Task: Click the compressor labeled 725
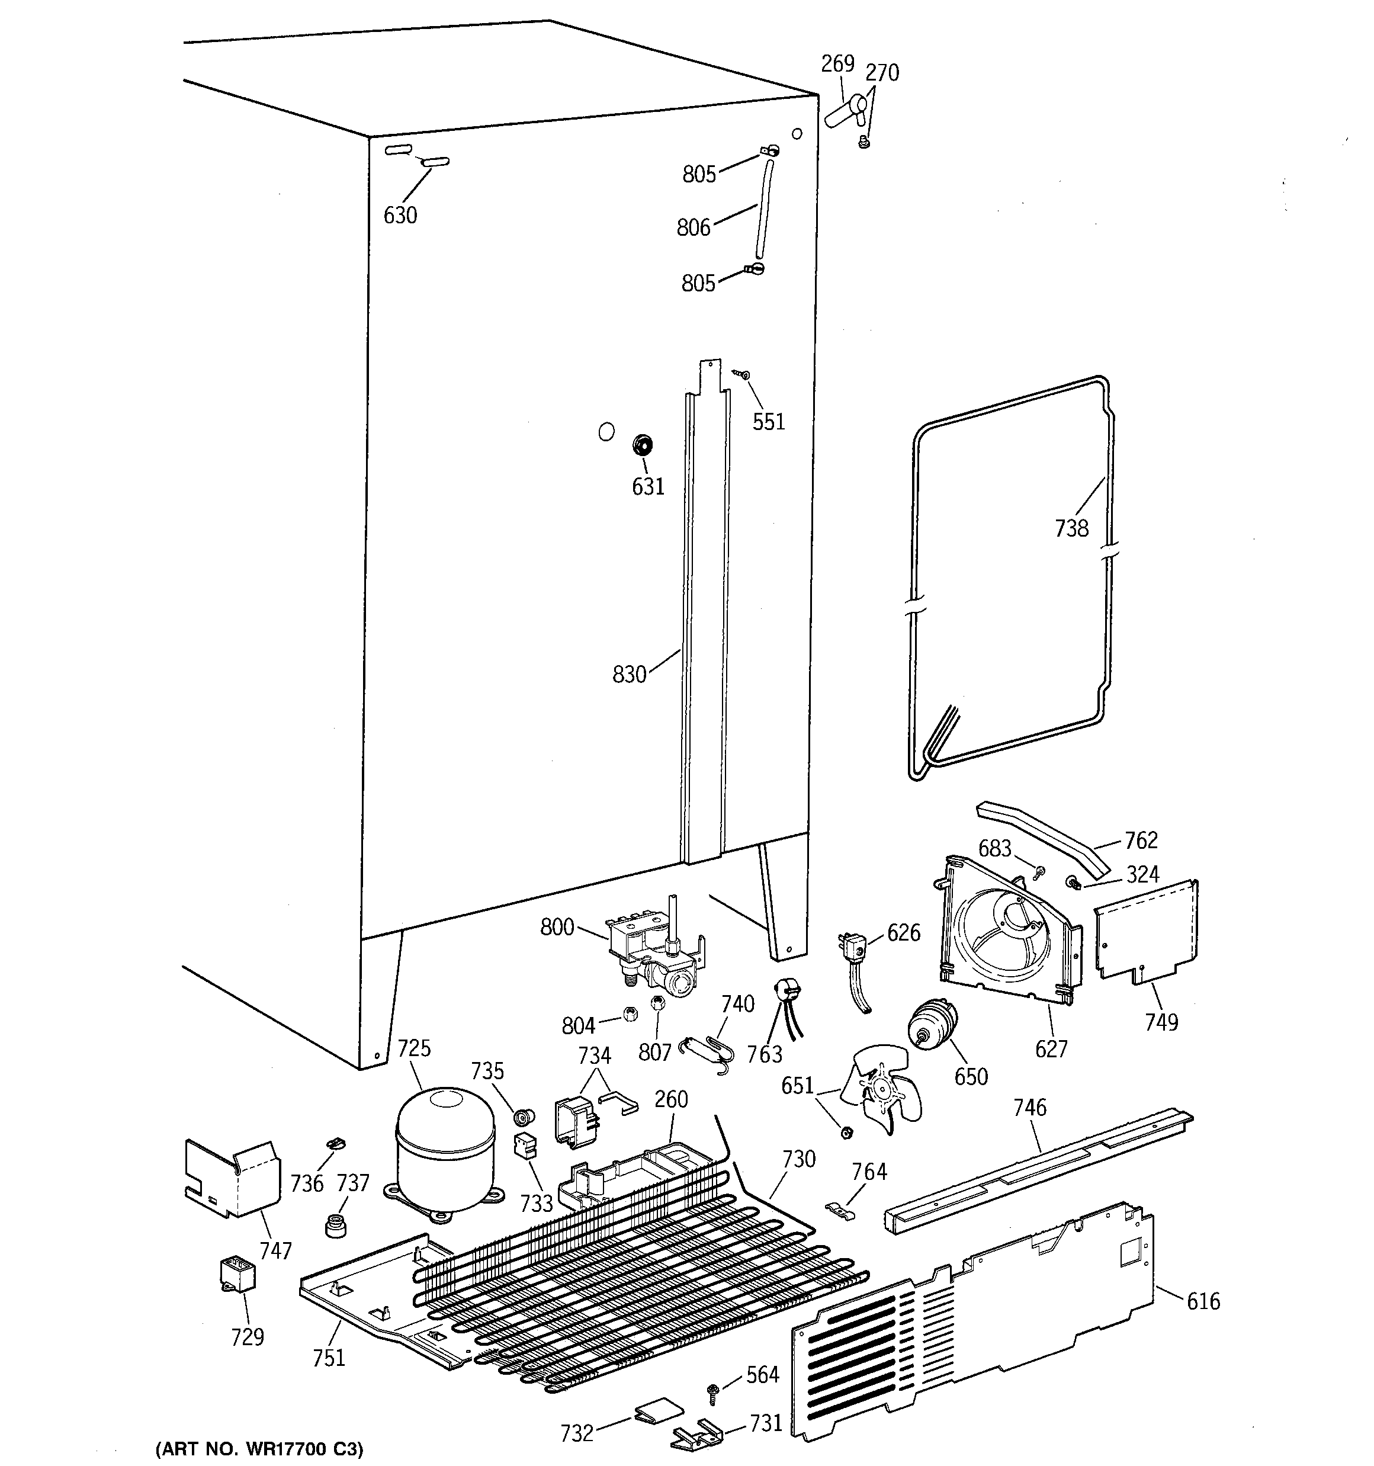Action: click(x=445, y=1156)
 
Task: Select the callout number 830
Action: click(x=629, y=674)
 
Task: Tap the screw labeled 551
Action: click(x=743, y=376)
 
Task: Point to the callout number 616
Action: click(x=1203, y=1301)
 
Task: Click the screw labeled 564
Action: click(x=713, y=1390)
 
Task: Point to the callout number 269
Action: click(x=838, y=64)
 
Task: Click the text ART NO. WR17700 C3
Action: click(x=259, y=1449)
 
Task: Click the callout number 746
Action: click(x=1029, y=1108)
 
